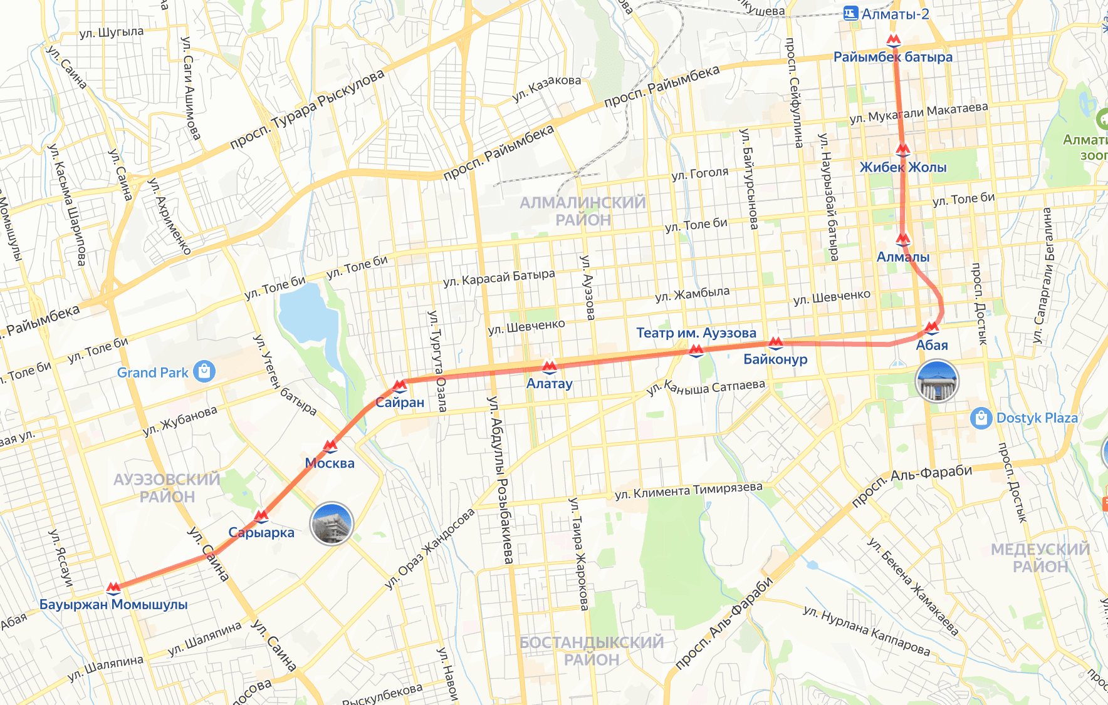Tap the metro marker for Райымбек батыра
point(894,41)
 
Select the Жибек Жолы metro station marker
point(902,150)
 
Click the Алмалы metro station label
point(902,257)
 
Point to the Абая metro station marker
point(932,327)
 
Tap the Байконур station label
point(775,359)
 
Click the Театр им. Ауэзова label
point(696,333)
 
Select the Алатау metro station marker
point(550,366)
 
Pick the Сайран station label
point(400,403)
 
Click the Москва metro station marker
point(330,446)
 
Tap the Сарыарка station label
point(261,533)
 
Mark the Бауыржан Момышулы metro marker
point(113,588)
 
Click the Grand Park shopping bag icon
point(204,371)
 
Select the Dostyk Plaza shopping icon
point(981,418)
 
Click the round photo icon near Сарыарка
point(332,523)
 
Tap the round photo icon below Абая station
point(937,381)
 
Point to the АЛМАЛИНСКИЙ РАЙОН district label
point(582,211)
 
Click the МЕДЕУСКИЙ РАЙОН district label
point(1040,558)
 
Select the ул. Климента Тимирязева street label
point(689,490)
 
